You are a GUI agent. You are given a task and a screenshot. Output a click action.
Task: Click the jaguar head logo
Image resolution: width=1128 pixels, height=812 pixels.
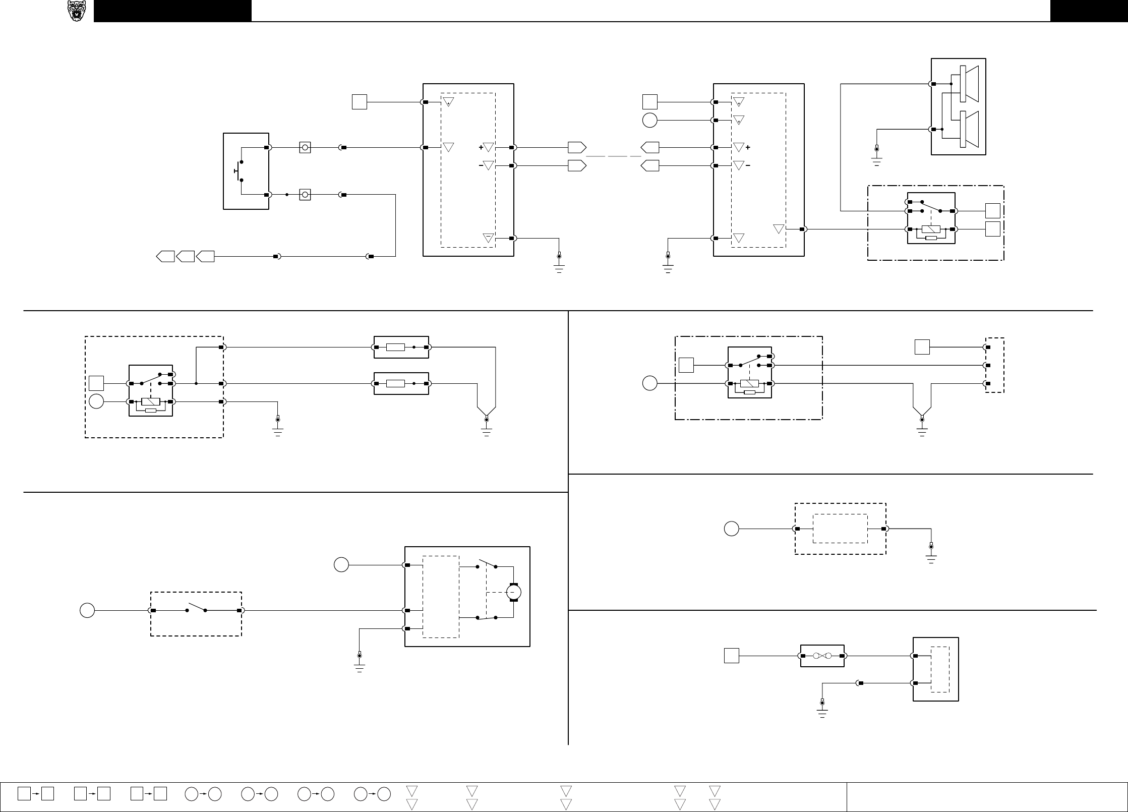77,11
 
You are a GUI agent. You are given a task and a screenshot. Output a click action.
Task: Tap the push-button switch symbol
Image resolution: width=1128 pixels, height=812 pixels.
239,171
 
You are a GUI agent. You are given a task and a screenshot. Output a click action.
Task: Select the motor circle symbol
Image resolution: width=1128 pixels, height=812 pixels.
513,592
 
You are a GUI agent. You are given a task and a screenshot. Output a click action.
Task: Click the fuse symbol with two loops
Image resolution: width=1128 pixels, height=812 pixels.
822,656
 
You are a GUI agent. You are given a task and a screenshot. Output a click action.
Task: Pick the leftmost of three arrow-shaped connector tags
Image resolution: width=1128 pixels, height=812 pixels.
165,256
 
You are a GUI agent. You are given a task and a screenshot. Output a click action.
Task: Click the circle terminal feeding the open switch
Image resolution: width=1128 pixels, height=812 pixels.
87,610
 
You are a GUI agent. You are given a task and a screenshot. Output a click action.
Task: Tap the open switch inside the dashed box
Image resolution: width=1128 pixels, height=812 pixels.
196,609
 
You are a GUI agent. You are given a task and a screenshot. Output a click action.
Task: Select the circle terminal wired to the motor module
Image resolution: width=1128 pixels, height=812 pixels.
341,565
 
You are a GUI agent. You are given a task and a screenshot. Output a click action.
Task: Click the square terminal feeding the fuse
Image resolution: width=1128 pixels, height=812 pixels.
732,656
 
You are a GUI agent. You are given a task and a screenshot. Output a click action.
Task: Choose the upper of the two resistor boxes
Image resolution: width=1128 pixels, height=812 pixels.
401,347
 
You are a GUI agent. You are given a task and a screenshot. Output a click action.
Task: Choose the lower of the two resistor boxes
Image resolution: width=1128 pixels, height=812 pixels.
401,383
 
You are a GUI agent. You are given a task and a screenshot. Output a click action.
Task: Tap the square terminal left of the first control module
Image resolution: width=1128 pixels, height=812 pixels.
359,102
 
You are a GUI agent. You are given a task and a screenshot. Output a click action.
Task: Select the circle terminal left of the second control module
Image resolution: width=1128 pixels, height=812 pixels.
650,120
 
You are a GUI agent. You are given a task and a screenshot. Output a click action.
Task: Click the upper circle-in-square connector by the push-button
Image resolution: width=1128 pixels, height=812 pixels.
305,147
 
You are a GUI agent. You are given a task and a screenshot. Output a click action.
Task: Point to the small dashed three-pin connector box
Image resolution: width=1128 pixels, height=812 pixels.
994,365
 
